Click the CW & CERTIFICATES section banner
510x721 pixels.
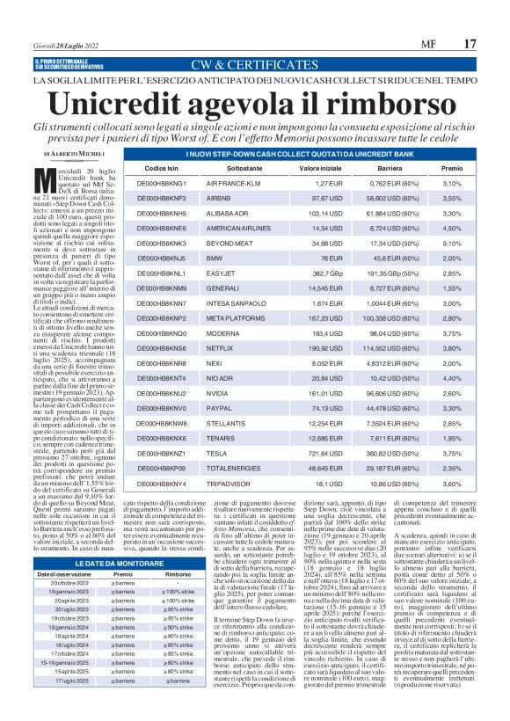pyautogui.click(x=254, y=63)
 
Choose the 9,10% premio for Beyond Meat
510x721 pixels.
pyautogui.click(x=451, y=242)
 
